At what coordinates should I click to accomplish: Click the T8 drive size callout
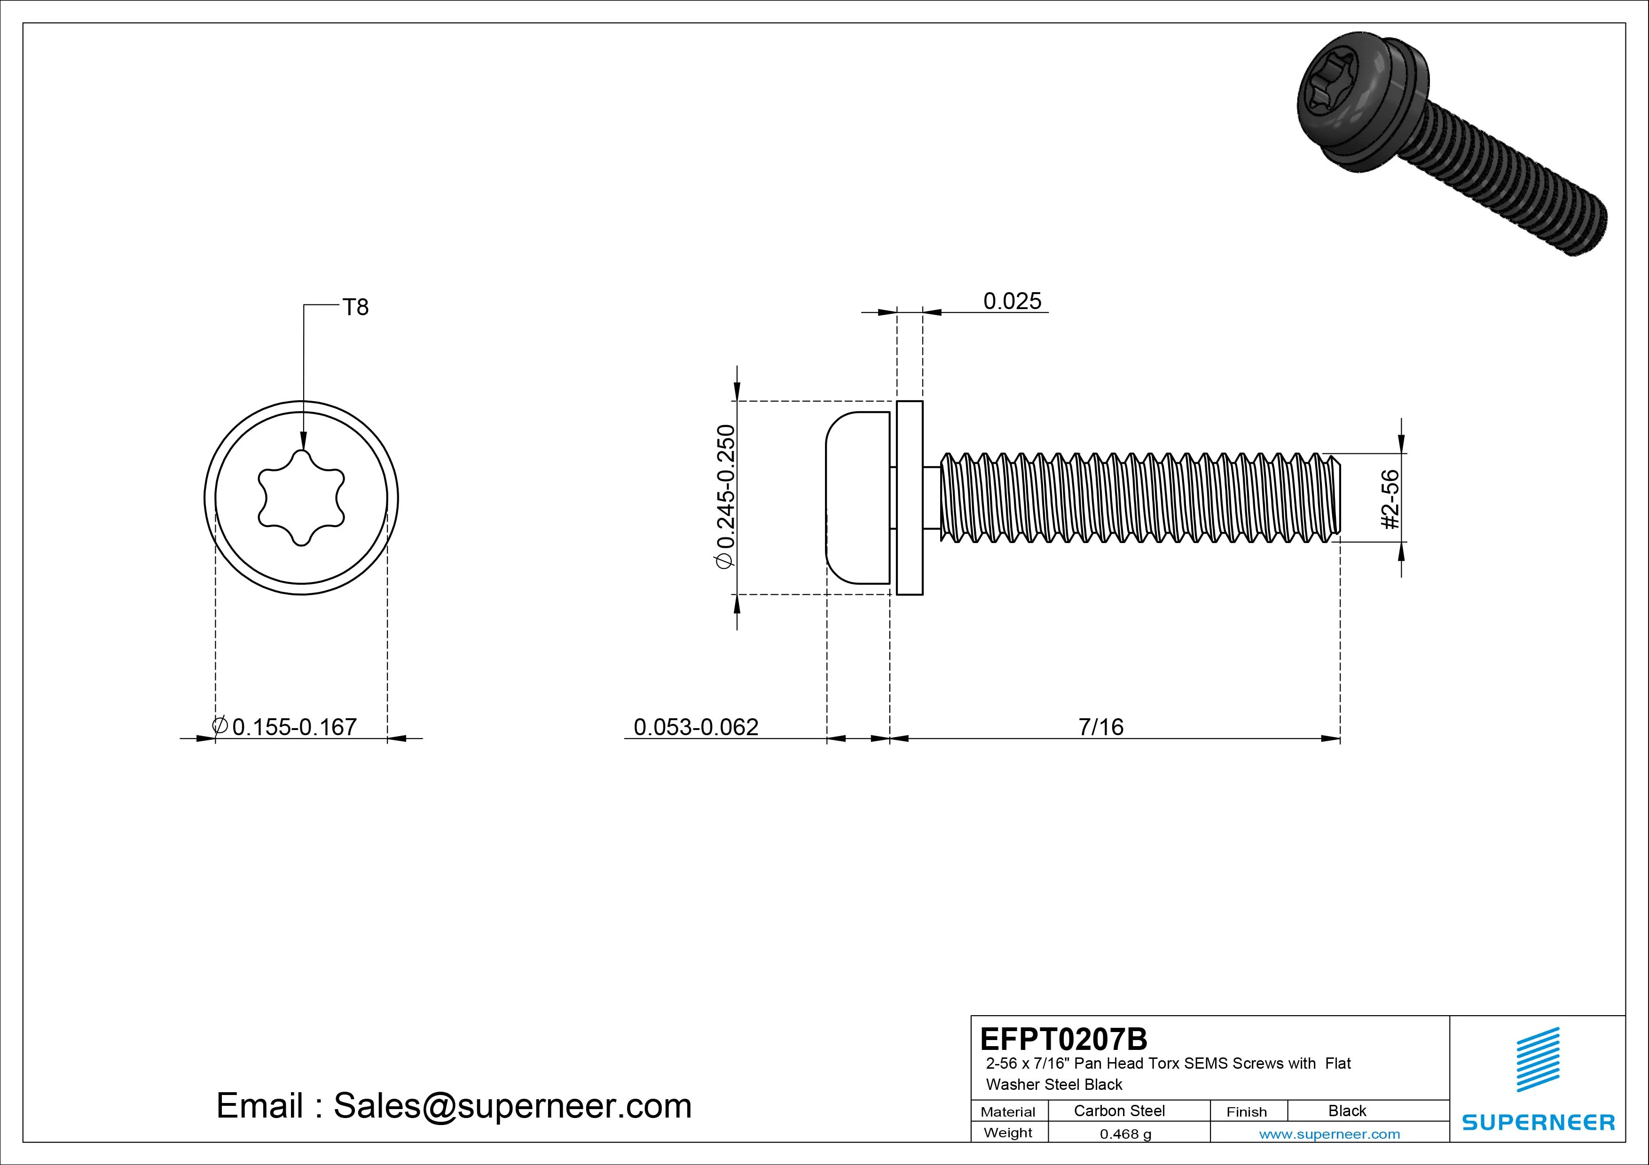pos(355,307)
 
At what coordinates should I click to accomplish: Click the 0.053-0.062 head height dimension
pos(695,727)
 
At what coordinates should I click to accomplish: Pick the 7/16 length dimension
pos(1100,727)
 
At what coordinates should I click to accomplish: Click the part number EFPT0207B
pos(1063,1039)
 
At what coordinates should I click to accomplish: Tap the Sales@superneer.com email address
pos(512,1105)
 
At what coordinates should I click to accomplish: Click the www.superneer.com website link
pos(1329,1134)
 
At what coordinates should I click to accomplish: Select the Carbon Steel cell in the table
pos(1119,1111)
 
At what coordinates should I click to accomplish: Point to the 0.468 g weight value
pos(1125,1134)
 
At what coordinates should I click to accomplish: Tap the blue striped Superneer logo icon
pos(1538,1059)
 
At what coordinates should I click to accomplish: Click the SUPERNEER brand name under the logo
pos(1538,1122)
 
